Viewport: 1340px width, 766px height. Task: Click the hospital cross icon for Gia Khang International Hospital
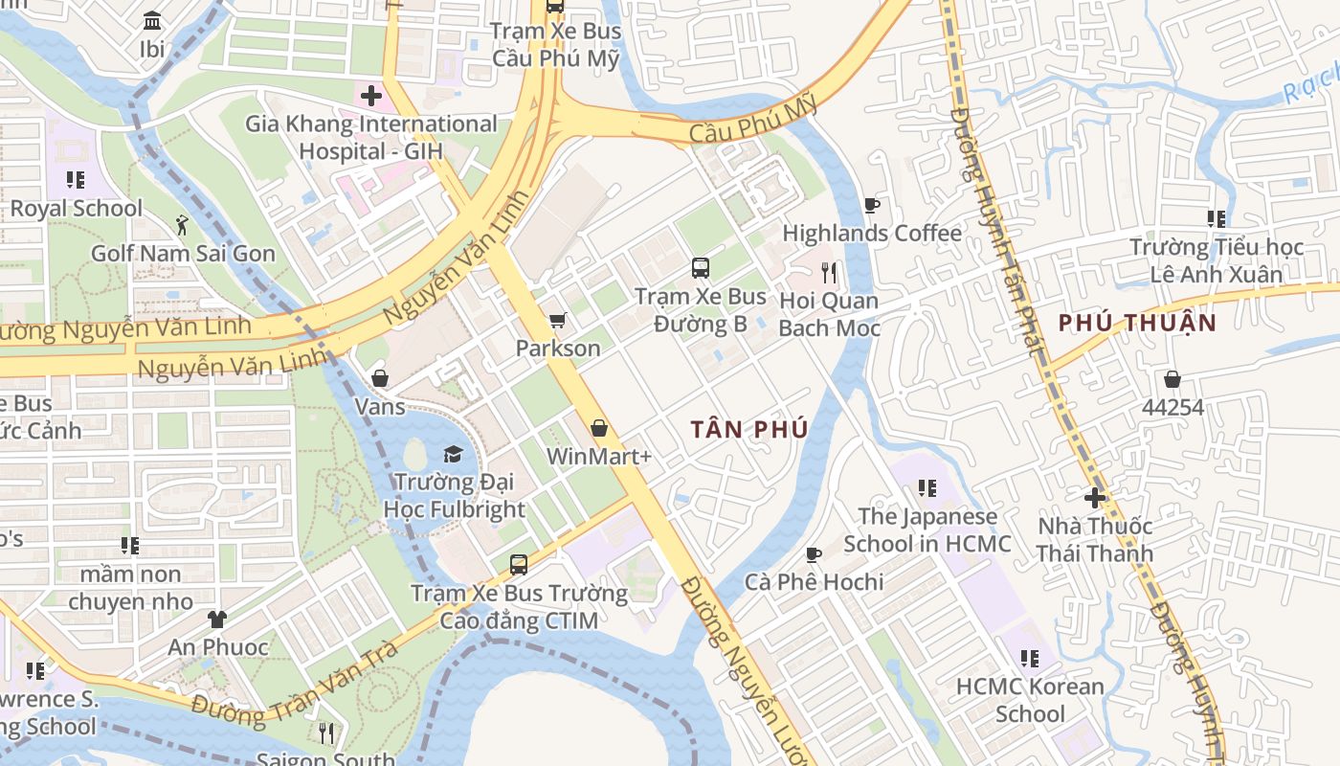pos(370,95)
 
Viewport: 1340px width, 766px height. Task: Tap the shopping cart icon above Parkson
pos(557,320)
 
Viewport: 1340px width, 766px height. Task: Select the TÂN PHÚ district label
pos(749,429)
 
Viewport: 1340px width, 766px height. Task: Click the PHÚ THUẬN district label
pos(1137,323)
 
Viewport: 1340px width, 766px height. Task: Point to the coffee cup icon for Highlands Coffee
pos(871,205)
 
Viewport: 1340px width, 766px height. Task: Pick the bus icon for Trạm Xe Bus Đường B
pos(701,267)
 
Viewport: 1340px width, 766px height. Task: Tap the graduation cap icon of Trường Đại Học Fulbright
pos(453,453)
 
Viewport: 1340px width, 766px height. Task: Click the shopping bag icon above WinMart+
pos(599,428)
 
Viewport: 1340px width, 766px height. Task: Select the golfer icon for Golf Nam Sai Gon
pos(182,225)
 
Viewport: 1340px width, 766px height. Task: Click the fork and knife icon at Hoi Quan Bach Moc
pos(829,273)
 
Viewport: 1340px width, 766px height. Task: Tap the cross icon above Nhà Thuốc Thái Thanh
pos(1095,497)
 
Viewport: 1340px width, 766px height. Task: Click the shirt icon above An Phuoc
pos(218,620)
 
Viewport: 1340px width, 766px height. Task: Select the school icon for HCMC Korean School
pos(1030,659)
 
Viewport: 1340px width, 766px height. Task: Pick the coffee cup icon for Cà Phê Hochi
pos(813,553)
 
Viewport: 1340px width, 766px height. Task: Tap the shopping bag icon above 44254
pos(1172,379)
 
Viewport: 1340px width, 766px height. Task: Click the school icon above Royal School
pos(76,180)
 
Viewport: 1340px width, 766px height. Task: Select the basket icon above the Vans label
pos(380,378)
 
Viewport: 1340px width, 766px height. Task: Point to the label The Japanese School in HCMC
pos(927,529)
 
